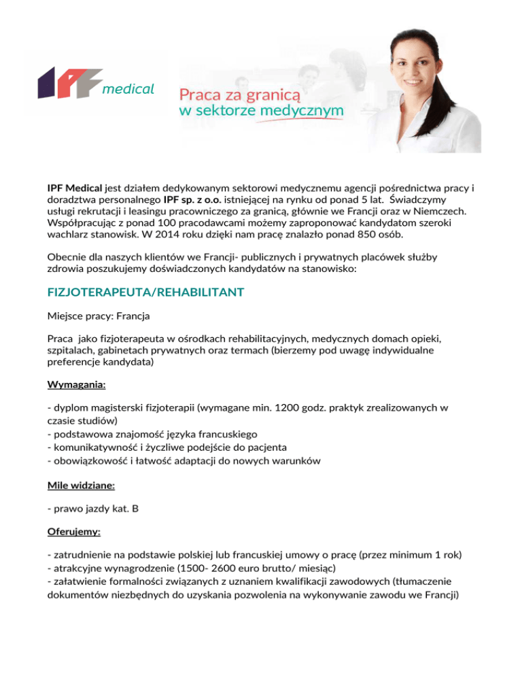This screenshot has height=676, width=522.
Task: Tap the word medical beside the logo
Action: pos(128,88)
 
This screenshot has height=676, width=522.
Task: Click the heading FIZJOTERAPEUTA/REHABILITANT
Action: pos(145,292)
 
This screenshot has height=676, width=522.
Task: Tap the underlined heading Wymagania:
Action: pos(76,385)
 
